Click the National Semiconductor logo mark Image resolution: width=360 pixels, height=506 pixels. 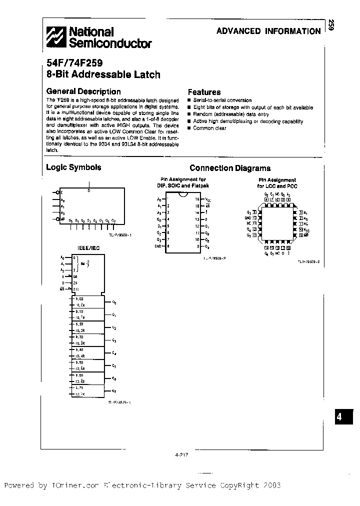pyautogui.click(x=56, y=37)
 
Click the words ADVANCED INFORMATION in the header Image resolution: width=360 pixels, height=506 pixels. pyautogui.click(x=268, y=31)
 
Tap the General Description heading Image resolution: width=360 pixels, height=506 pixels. pyautogui.click(x=83, y=91)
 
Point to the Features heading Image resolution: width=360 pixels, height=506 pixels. pyautogui.click(x=204, y=92)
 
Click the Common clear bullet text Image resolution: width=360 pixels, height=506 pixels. pyautogui.click(x=209, y=128)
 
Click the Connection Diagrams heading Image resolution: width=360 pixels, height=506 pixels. pyautogui.click(x=230, y=168)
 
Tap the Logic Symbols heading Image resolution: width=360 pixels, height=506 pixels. pyautogui.click(x=73, y=167)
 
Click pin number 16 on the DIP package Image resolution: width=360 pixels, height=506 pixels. pyautogui.click(x=197, y=199)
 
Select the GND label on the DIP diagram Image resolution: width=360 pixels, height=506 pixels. pyautogui.click(x=158, y=246)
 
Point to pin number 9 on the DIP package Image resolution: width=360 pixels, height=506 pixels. pyautogui.click(x=197, y=246)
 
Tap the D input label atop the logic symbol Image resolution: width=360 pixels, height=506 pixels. pyautogui.click(x=89, y=190)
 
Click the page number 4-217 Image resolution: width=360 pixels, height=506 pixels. pyautogui.click(x=181, y=454)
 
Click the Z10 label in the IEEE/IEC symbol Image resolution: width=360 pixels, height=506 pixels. pyautogui.click(x=76, y=289)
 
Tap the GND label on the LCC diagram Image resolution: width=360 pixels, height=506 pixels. pyautogui.click(x=247, y=218)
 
